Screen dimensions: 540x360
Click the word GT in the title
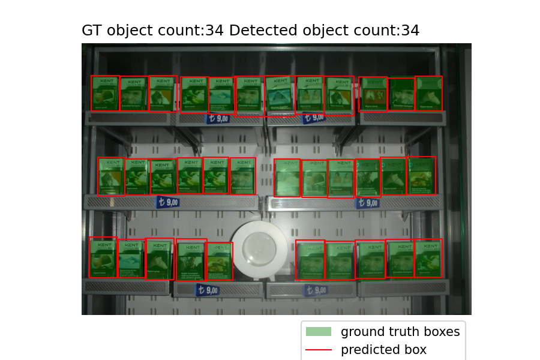coord(92,31)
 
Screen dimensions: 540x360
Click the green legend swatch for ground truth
coord(318,332)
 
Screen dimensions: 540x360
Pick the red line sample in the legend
coord(318,350)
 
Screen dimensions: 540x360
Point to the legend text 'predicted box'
coord(383,350)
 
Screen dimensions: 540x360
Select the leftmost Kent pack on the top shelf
coord(105,93)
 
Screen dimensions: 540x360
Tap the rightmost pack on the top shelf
coord(429,93)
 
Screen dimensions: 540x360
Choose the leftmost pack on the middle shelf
coord(111,176)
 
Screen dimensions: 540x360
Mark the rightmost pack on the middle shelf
coord(422,175)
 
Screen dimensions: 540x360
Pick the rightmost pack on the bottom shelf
coord(428,258)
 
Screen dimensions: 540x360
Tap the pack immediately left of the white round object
coord(220,261)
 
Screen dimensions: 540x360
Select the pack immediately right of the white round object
coord(310,260)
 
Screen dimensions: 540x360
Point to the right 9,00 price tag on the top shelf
coord(314,117)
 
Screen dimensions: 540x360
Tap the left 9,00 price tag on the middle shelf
coord(168,202)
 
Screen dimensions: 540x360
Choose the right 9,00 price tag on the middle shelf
coord(367,203)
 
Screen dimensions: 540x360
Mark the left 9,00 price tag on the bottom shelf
coord(207,290)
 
